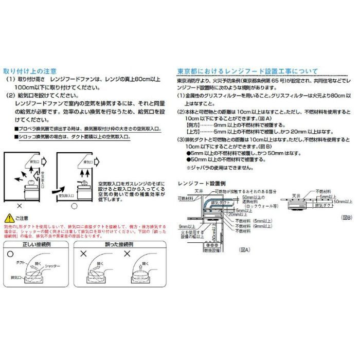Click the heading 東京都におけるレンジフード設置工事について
pyautogui.click(x=247, y=71)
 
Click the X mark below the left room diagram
pyautogui.click(x=19, y=206)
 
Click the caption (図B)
pyautogui.click(x=347, y=218)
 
